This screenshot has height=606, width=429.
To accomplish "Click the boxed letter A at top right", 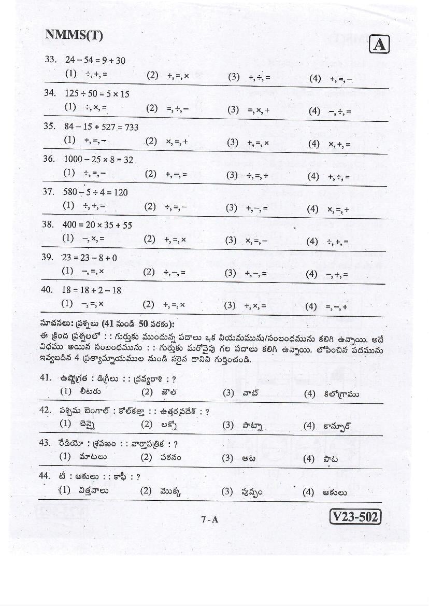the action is (379, 45).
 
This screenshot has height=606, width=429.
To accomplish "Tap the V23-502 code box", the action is (355, 517).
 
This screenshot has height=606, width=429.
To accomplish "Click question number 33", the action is (50, 60).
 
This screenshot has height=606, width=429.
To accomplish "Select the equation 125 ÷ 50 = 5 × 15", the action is (97, 94).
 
